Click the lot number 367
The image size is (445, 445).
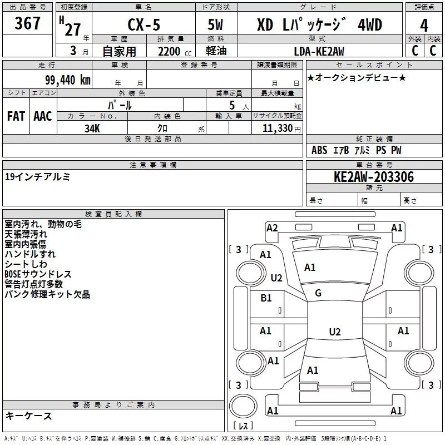click(27, 23)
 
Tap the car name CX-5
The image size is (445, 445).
click(144, 24)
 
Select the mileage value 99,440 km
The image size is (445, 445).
click(67, 80)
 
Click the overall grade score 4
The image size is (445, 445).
click(424, 26)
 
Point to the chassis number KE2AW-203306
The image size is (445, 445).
click(374, 177)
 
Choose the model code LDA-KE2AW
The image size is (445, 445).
click(319, 51)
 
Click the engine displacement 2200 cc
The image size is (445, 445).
click(175, 51)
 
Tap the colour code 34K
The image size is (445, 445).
click(92, 128)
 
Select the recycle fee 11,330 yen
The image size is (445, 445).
click(281, 128)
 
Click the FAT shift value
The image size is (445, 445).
click(16, 116)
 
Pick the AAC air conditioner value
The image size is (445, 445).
click(43, 116)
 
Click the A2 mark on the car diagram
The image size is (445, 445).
click(272, 228)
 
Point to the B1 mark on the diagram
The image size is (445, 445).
click(266, 298)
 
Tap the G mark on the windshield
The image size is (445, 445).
click(318, 293)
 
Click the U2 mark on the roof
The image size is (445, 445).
click(335, 332)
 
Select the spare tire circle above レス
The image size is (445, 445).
click(243, 407)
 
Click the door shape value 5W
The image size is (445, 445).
click(215, 24)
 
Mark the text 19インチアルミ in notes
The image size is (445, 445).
click(37, 177)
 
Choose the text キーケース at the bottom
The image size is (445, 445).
click(28, 416)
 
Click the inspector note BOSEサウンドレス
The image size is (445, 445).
click(38, 274)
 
